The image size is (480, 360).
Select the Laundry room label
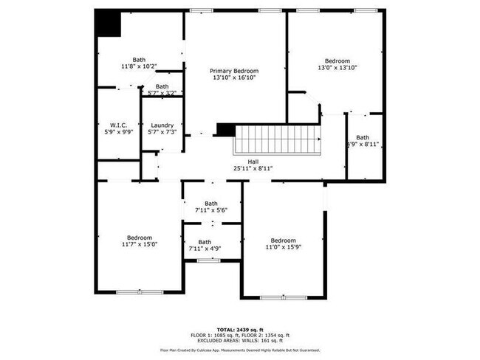click(x=161, y=125)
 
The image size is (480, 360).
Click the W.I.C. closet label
click(x=120, y=125)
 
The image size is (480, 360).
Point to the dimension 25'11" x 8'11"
click(x=253, y=168)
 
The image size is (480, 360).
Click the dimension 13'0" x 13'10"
click(x=337, y=68)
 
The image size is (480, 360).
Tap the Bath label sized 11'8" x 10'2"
click(x=139, y=60)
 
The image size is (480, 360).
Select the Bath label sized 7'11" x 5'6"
click(x=211, y=204)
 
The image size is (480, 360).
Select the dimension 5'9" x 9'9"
click(x=120, y=132)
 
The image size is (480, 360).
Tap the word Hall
click(x=253, y=161)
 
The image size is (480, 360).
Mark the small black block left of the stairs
click(x=225, y=130)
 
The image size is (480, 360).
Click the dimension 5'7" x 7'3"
click(x=161, y=132)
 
